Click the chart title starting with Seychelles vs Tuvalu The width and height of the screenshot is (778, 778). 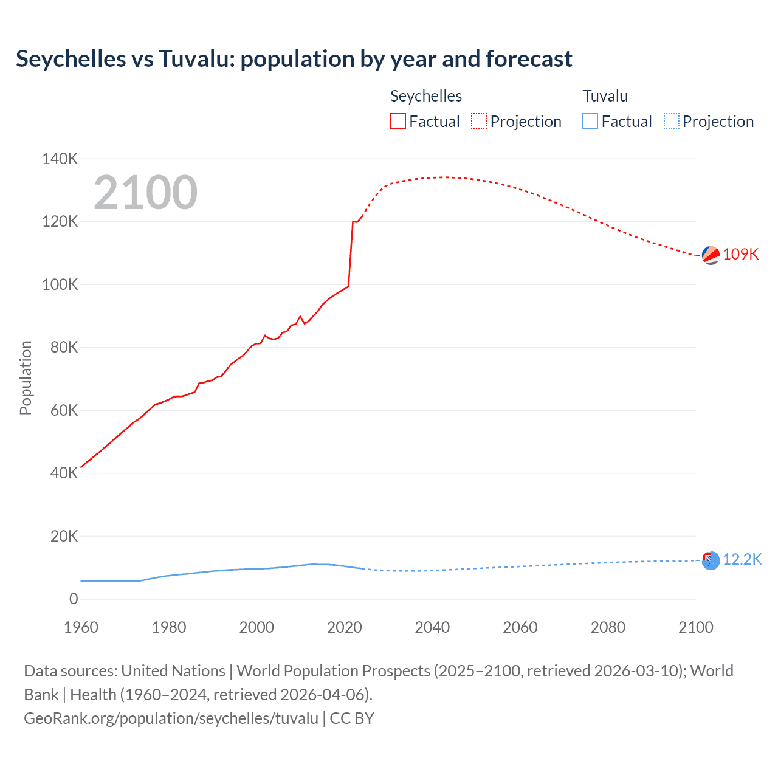click(294, 59)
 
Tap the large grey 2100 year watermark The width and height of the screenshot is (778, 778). click(145, 193)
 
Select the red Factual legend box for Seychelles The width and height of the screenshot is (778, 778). click(398, 122)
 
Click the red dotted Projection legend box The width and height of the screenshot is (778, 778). click(479, 122)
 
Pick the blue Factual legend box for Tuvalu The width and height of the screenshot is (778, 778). click(590, 122)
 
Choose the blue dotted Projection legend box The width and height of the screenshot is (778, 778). click(672, 122)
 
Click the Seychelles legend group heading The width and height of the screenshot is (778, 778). click(426, 96)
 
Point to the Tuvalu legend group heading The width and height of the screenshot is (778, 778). click(605, 96)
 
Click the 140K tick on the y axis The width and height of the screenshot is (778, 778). click(60, 159)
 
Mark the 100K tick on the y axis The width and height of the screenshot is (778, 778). click(60, 284)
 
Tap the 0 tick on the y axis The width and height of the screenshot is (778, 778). click(74, 599)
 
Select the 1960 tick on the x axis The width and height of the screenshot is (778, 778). click(81, 627)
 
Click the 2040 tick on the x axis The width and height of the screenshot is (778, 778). click(432, 627)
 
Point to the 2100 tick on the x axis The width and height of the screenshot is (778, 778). click(695, 627)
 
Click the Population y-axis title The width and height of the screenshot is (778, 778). click(26, 378)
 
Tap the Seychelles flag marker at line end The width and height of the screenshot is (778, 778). click(711, 255)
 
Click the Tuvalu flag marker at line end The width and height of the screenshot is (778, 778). click(711, 560)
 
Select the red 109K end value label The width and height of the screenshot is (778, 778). click(741, 255)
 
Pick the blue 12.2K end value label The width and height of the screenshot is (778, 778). click(742, 560)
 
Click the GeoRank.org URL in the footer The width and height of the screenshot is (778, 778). click(171, 718)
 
